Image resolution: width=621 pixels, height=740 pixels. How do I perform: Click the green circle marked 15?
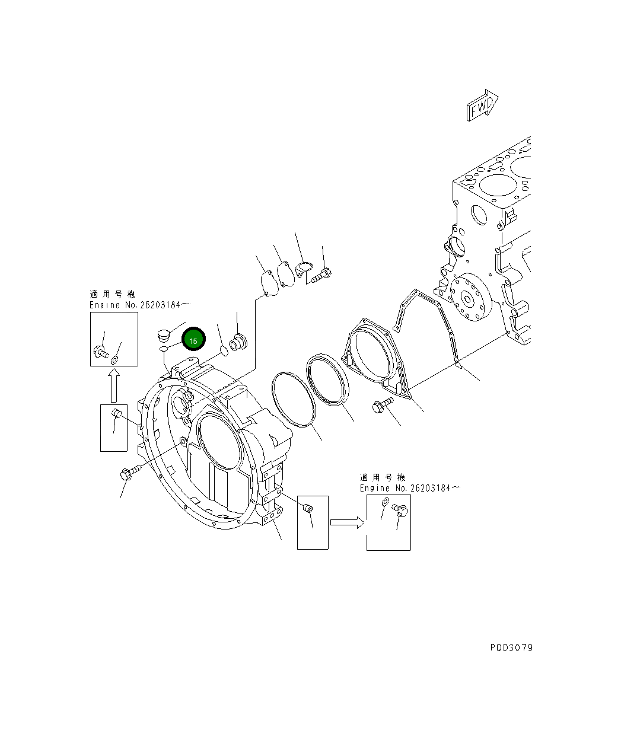[193, 340]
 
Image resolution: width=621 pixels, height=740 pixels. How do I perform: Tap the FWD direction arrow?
[482, 106]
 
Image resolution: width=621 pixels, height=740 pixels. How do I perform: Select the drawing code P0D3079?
[511, 647]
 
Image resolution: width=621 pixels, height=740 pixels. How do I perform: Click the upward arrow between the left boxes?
[114, 385]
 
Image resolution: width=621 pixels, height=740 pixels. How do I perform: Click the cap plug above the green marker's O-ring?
[164, 335]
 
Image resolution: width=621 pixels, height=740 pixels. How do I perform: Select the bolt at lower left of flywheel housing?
[129, 473]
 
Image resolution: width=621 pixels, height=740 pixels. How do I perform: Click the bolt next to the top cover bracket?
[321, 275]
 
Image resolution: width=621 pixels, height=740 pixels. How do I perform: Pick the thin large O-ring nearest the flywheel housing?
[291, 398]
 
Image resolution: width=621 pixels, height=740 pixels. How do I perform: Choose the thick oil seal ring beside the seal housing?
[328, 379]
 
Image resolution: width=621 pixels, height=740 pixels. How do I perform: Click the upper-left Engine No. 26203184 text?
[139, 305]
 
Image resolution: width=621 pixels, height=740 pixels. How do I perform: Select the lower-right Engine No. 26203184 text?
[409, 488]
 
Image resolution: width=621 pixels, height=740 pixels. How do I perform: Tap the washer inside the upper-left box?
[115, 359]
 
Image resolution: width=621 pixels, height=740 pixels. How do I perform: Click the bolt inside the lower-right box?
[400, 510]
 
